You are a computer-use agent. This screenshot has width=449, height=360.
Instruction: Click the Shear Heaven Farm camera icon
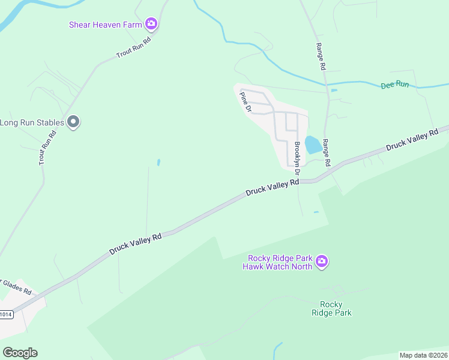[x=151, y=24]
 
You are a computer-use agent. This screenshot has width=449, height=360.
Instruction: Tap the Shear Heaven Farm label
[x=106, y=25]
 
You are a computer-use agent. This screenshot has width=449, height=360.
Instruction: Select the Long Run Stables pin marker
[x=74, y=122]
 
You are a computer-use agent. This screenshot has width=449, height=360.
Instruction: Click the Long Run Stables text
[x=32, y=123]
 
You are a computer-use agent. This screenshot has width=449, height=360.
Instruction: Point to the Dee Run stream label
[x=394, y=85]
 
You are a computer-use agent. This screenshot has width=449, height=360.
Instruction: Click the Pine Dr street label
[x=245, y=101]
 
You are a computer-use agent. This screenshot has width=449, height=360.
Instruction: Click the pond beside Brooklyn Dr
[x=312, y=145]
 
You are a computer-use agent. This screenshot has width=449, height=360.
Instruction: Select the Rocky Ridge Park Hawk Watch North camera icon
[x=322, y=262]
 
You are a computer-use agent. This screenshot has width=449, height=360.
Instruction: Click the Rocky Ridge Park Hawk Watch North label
[x=278, y=262]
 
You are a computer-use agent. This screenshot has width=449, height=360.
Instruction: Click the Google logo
[x=20, y=353]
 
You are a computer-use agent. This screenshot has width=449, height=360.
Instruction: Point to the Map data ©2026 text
[x=423, y=355]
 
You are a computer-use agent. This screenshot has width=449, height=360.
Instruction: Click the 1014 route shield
[x=5, y=314]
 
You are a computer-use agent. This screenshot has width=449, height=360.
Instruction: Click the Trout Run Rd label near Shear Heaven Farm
[x=133, y=47]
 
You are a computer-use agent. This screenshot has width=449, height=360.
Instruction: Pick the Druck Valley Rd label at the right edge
[x=412, y=141]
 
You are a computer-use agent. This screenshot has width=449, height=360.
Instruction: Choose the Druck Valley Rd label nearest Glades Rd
[x=135, y=245]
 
